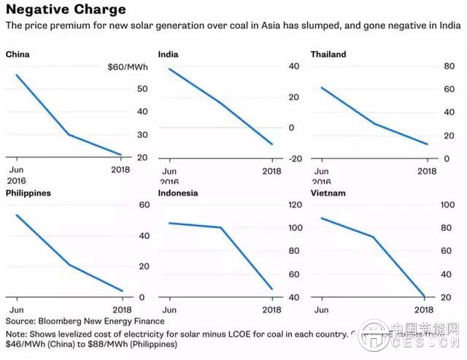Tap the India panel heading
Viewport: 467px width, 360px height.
[x=170, y=54]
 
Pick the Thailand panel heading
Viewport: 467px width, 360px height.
[x=328, y=54]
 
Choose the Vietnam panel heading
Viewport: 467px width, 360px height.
[x=328, y=193]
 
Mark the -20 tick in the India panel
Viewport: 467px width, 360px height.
[x=296, y=158]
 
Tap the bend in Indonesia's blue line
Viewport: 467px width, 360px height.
[x=221, y=227]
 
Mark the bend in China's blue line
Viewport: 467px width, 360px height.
[x=68, y=134]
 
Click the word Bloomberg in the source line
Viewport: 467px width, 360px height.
[x=63, y=321]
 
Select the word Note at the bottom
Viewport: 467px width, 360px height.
[x=17, y=333]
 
